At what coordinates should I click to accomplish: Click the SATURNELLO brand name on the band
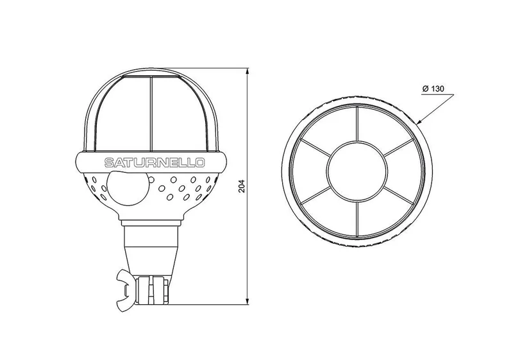coord(155,162)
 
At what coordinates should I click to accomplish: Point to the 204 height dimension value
coord(242,186)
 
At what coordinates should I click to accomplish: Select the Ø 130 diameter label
coord(433,89)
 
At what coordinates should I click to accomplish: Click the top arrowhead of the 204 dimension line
coord(248,72)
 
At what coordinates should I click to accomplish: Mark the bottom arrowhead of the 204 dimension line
coord(248,300)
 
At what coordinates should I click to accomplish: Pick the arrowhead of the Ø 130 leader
coord(421,121)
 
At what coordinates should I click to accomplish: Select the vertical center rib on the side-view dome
coord(151,114)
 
